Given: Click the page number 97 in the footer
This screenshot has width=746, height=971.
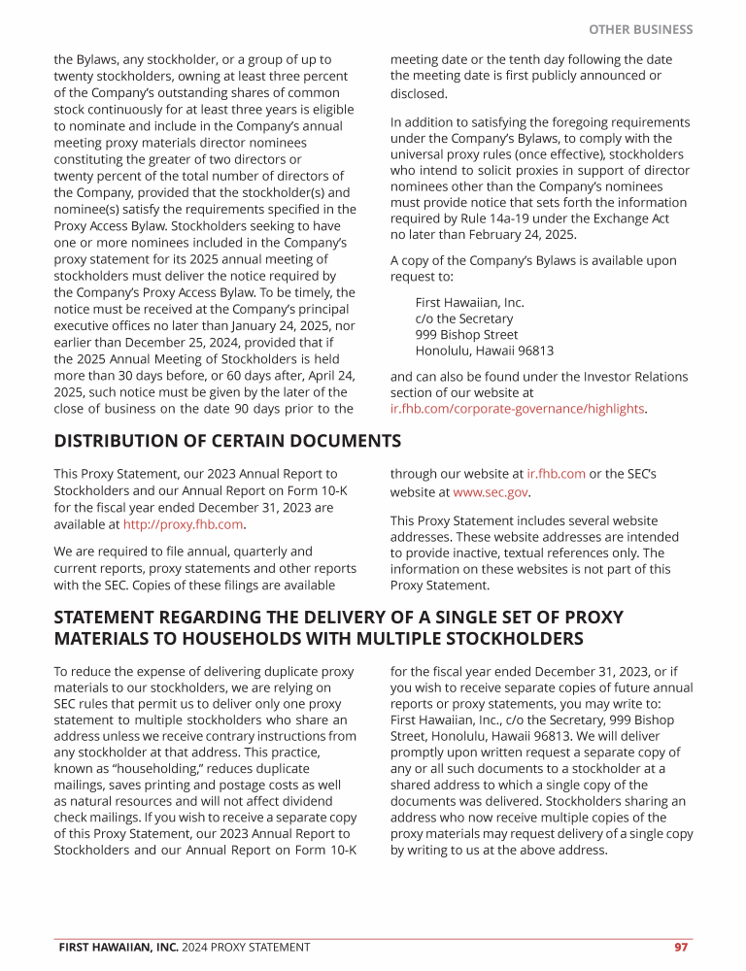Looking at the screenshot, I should point(681,947).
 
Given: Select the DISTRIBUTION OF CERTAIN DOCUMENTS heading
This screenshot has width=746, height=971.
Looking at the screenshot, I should point(227,441).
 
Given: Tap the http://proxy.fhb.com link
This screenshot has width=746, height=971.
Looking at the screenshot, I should point(183,524).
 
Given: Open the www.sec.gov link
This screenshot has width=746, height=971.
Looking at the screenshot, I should point(491,493).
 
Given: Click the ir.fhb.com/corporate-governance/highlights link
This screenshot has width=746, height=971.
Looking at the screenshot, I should point(517,409).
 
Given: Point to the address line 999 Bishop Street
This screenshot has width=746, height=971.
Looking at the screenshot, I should point(466,335).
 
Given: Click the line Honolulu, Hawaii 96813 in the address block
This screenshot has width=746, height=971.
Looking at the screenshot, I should point(484,352).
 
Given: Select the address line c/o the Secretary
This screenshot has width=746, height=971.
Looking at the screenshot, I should point(464,318).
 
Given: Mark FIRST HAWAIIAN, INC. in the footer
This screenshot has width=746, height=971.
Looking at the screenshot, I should point(118,947).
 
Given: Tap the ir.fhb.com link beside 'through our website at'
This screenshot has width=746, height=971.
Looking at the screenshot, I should point(556,474).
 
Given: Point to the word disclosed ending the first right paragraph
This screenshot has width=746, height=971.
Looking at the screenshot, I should point(418,94).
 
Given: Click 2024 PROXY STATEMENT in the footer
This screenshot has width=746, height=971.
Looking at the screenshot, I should point(246,947).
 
